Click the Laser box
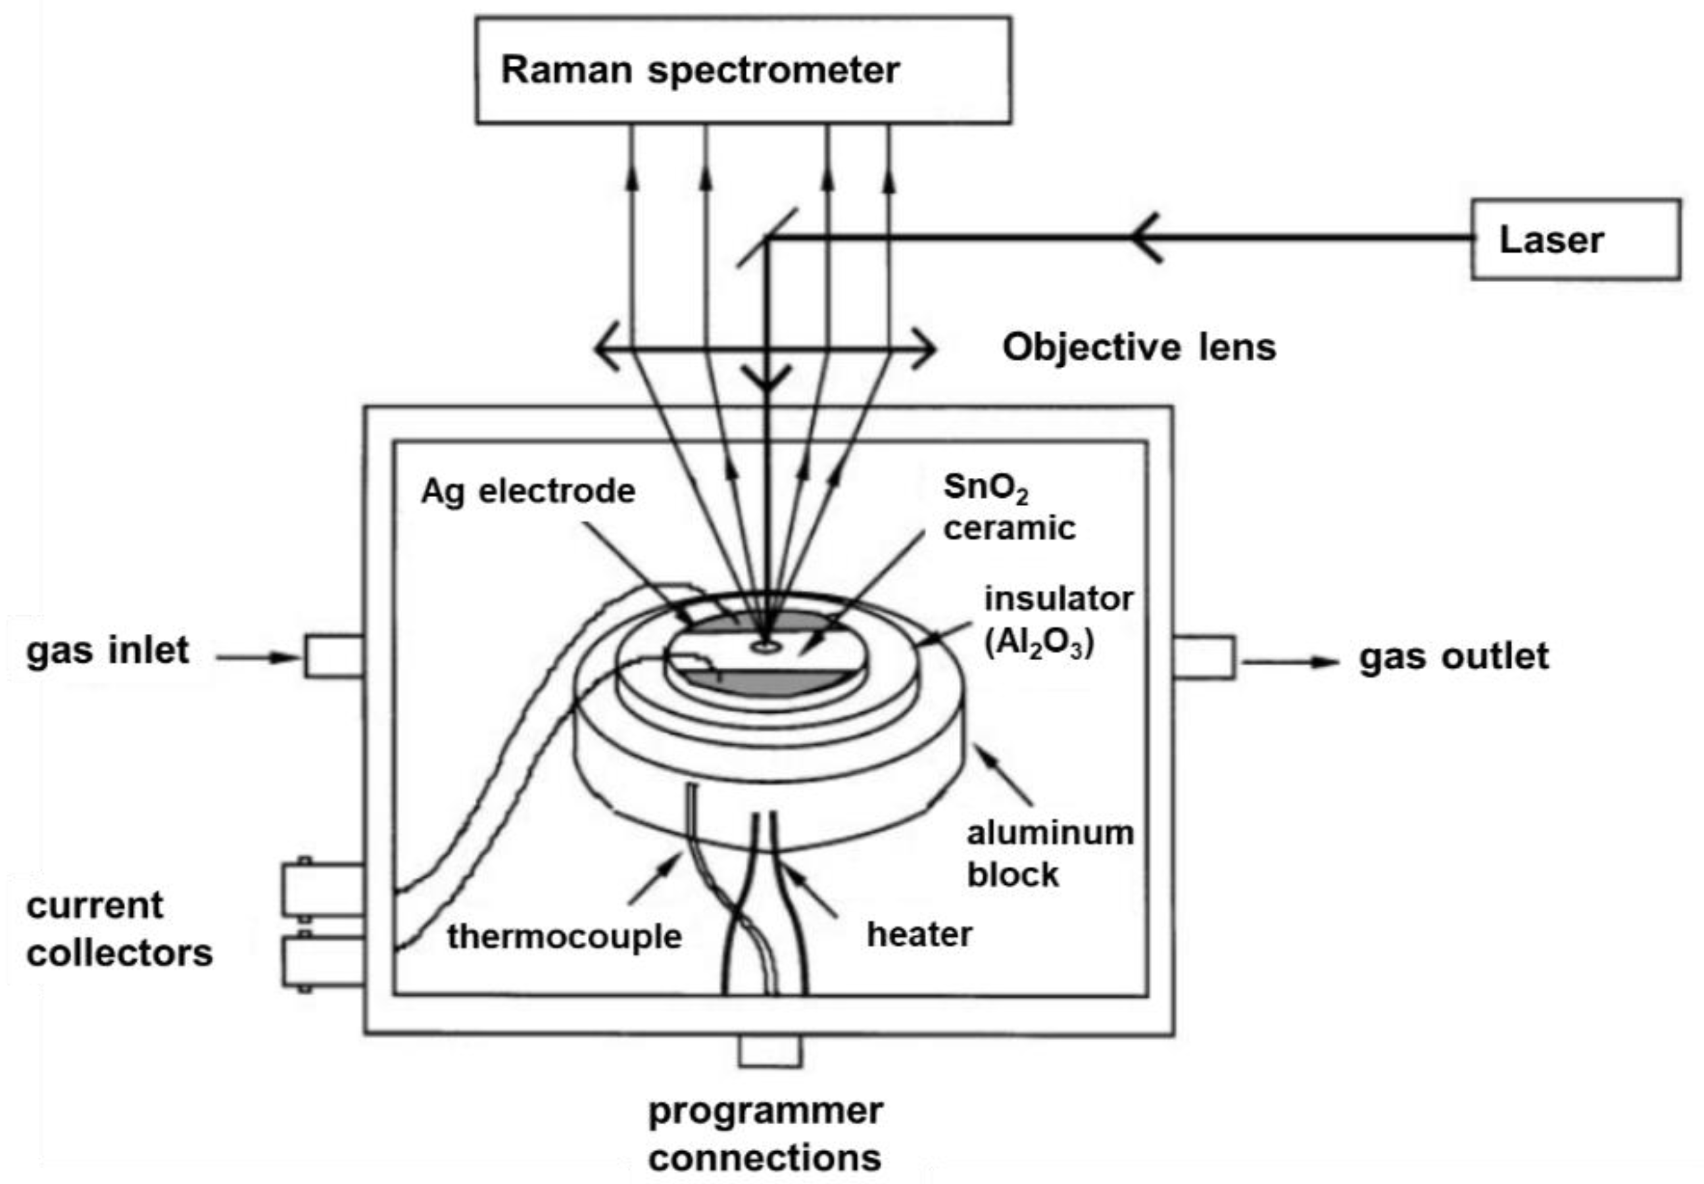1576,239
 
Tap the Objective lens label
1138,347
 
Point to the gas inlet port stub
333,656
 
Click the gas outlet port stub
1204,657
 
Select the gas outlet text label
1453,657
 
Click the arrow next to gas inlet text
256,657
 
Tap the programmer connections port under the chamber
769,1051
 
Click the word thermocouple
564,936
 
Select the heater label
919,934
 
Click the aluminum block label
1049,854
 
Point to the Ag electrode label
527,491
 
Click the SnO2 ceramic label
1008,508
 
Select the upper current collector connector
322,889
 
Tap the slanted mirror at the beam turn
767,237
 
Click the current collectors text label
119,930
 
